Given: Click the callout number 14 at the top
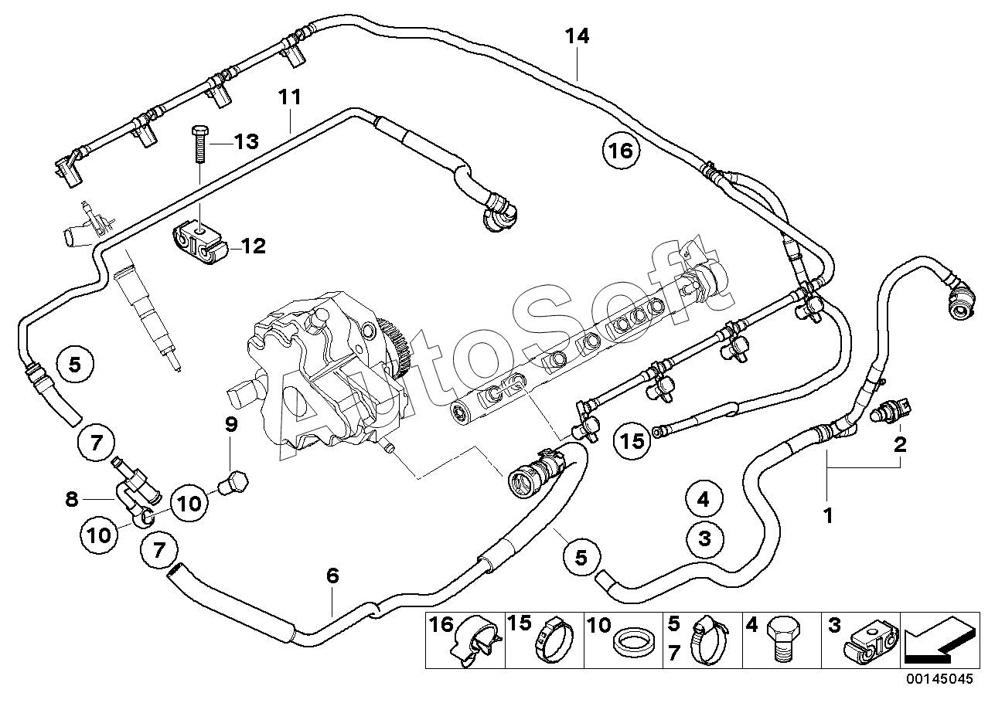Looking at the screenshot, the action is tap(577, 36).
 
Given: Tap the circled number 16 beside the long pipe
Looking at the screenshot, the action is tap(621, 151).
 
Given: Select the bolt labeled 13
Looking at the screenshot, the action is tap(199, 144).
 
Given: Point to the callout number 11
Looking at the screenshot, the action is tap(290, 97).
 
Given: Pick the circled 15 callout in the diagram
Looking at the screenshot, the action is tap(632, 441).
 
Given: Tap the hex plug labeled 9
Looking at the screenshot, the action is tap(233, 482).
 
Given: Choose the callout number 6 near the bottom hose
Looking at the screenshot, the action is tap(332, 576).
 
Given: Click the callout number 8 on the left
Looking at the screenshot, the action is tap(72, 499).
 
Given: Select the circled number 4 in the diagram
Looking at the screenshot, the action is tap(704, 500).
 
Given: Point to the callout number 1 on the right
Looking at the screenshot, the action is tap(828, 516).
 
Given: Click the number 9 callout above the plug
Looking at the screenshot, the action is tap(231, 424).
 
